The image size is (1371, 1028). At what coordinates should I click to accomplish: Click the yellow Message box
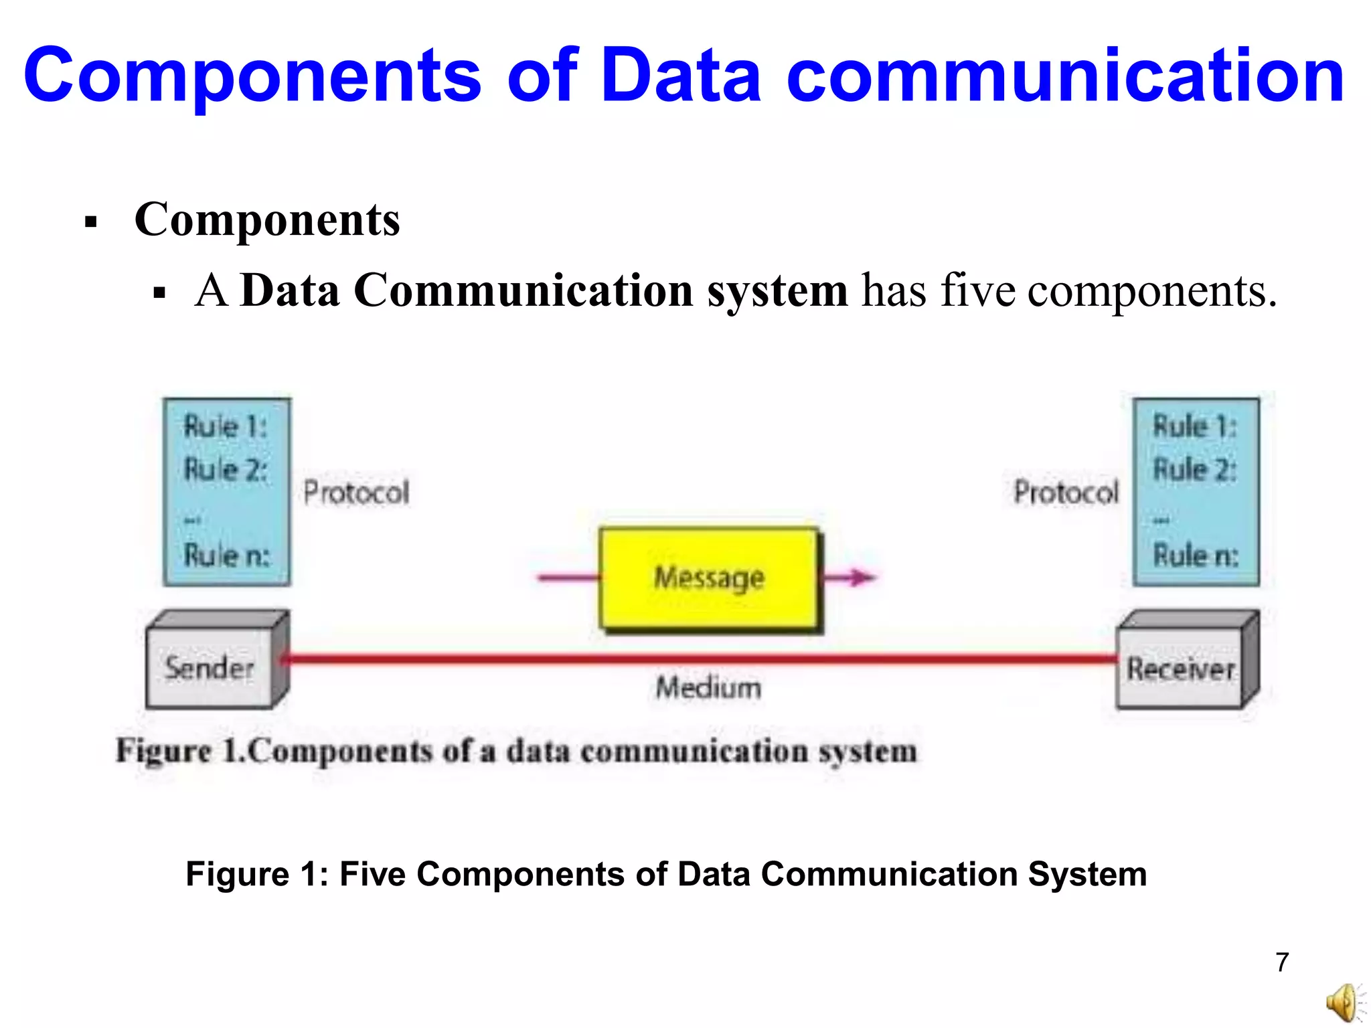click(x=709, y=578)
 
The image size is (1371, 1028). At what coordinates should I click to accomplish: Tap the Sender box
click(x=210, y=667)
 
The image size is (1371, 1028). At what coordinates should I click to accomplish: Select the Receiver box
click(x=1180, y=669)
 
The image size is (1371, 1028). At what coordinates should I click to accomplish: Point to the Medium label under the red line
click(x=708, y=688)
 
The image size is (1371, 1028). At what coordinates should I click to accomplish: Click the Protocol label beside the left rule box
click(x=356, y=493)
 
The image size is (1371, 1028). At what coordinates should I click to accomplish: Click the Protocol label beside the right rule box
click(x=1066, y=493)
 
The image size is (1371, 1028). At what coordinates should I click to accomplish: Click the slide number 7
click(x=1282, y=962)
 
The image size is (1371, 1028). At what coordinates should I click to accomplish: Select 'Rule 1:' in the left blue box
click(x=226, y=426)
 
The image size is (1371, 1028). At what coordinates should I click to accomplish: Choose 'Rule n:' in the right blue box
click(x=1196, y=555)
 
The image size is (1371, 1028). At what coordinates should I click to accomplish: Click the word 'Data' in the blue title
click(x=681, y=75)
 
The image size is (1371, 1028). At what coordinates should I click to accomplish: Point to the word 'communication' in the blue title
click(x=1064, y=75)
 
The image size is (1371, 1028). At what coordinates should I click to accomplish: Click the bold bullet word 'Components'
click(x=267, y=220)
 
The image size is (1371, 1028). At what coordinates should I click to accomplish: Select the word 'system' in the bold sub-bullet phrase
click(x=778, y=292)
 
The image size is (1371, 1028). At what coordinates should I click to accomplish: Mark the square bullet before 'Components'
click(x=92, y=222)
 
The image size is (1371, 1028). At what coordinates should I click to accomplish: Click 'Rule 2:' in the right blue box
click(x=1196, y=469)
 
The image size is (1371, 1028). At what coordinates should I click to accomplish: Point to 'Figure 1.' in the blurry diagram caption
click(x=181, y=751)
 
